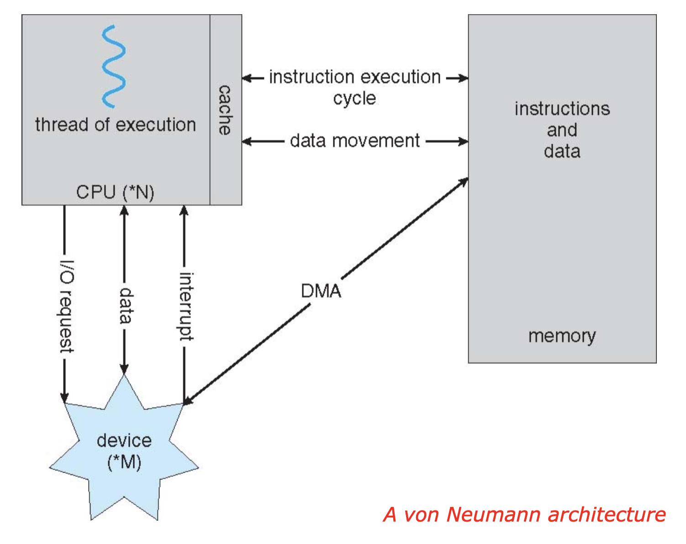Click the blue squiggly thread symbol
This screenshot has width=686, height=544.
tap(113, 66)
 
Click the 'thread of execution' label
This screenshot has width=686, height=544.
tap(116, 125)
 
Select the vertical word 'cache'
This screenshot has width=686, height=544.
tap(225, 110)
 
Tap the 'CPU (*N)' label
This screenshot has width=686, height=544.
tap(115, 192)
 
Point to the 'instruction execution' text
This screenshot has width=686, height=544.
tap(355, 77)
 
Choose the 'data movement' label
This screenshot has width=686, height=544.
tap(355, 141)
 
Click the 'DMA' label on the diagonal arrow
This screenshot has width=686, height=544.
tap(321, 291)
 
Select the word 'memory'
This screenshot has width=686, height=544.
tap(562, 336)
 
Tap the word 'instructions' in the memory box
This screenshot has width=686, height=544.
tap(562, 109)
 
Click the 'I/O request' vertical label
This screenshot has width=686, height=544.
tap(67, 307)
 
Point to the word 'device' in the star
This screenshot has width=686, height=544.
tap(124, 441)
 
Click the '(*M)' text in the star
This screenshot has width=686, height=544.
tap(124, 462)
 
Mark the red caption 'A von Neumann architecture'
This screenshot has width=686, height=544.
tap(524, 514)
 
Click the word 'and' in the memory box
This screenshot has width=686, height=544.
tap(562, 130)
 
